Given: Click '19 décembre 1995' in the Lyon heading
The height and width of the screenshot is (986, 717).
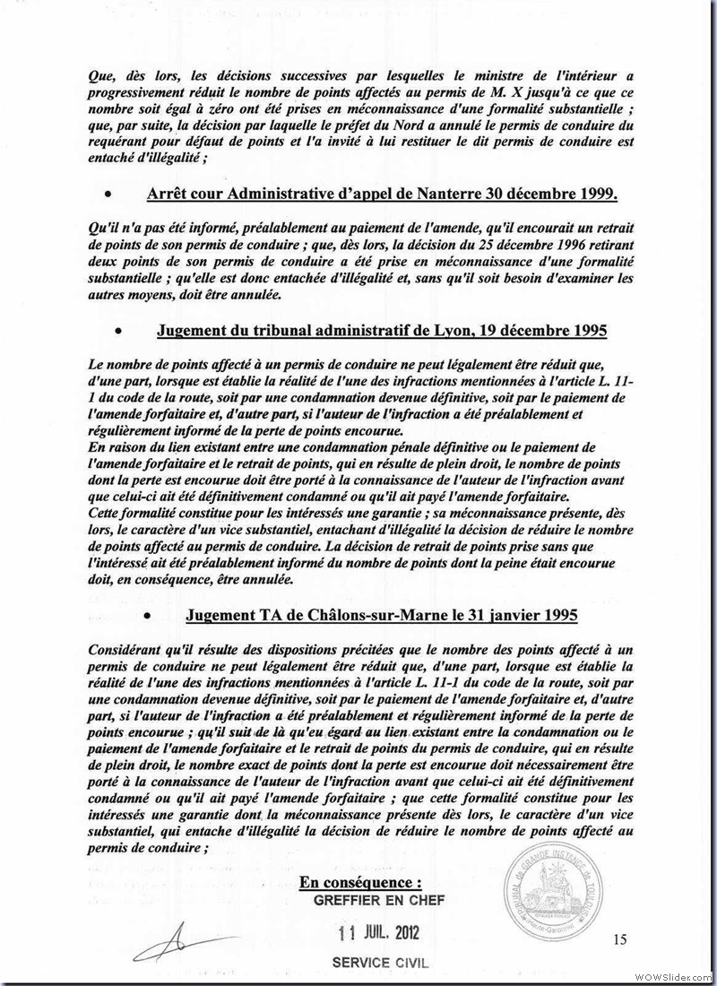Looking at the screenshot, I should click(555, 331).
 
